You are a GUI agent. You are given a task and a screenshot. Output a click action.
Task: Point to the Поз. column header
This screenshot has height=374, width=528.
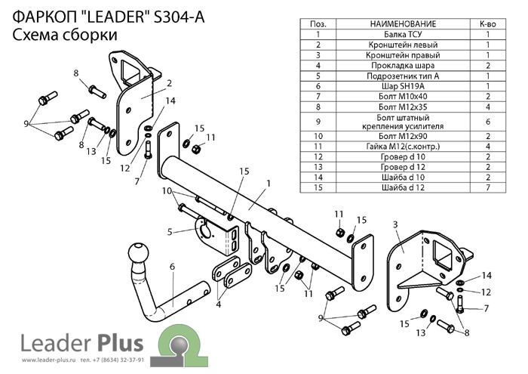(319, 24)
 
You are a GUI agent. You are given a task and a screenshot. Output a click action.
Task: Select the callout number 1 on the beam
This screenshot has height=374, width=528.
(268, 184)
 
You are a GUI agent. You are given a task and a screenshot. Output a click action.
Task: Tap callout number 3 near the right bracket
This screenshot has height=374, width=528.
(394, 225)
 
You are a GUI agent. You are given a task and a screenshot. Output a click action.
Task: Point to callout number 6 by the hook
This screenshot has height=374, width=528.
(172, 266)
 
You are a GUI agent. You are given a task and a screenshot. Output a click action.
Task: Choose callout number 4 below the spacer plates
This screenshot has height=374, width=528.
(219, 305)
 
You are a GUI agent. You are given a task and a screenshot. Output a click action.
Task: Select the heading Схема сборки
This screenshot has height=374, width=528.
(64, 36)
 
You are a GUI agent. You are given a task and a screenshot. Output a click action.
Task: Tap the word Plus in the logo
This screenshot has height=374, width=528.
(119, 344)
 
